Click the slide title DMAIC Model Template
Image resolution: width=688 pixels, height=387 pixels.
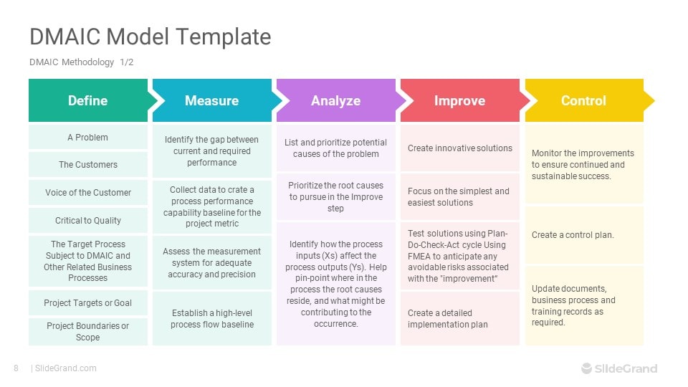click(150, 37)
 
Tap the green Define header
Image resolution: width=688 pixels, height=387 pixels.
click(87, 100)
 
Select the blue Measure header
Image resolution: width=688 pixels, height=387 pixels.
click(211, 100)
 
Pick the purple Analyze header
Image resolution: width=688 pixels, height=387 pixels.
click(335, 100)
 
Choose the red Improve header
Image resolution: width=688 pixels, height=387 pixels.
click(459, 100)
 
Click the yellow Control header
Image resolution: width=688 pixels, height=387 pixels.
click(583, 100)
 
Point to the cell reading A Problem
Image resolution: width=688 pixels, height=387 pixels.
click(87, 137)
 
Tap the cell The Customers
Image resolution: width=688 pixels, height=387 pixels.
click(87, 165)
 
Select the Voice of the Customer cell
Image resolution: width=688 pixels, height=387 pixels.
click(87, 192)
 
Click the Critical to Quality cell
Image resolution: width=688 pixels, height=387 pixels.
click(87, 220)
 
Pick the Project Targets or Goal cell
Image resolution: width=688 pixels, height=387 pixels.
click(87, 302)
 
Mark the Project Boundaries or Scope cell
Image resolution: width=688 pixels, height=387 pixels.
click(87, 331)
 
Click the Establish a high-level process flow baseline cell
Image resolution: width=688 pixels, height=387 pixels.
click(211, 318)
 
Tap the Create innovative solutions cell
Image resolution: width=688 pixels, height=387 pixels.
click(459, 148)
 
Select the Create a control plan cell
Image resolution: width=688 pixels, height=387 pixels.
click(583, 235)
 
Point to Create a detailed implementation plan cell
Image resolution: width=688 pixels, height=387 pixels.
click(459, 318)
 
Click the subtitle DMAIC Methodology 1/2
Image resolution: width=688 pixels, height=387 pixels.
click(81, 62)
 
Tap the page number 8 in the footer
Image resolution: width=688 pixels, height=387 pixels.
click(16, 368)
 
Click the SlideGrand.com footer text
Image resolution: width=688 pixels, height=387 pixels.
click(65, 368)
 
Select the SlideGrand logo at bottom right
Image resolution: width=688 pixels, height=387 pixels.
click(618, 368)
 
